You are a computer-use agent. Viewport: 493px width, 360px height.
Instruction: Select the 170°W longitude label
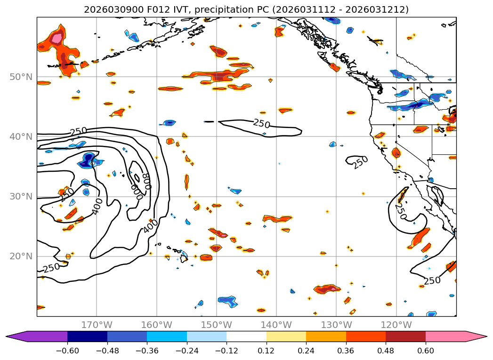coord(97,325)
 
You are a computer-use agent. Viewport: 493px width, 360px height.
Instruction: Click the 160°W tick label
coord(156,325)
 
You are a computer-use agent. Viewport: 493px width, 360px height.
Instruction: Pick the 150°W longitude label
coord(216,325)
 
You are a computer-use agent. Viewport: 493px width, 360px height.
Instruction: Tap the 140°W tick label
coord(276,325)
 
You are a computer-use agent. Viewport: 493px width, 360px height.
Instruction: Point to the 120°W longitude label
coord(396,325)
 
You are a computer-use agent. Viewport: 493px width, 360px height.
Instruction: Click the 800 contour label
coord(147,181)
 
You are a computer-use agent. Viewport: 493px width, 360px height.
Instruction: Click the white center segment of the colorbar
coord(246,336)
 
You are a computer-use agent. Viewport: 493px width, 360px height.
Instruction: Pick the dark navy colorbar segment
coord(87,336)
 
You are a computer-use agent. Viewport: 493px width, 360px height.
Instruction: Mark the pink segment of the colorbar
coord(445,336)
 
